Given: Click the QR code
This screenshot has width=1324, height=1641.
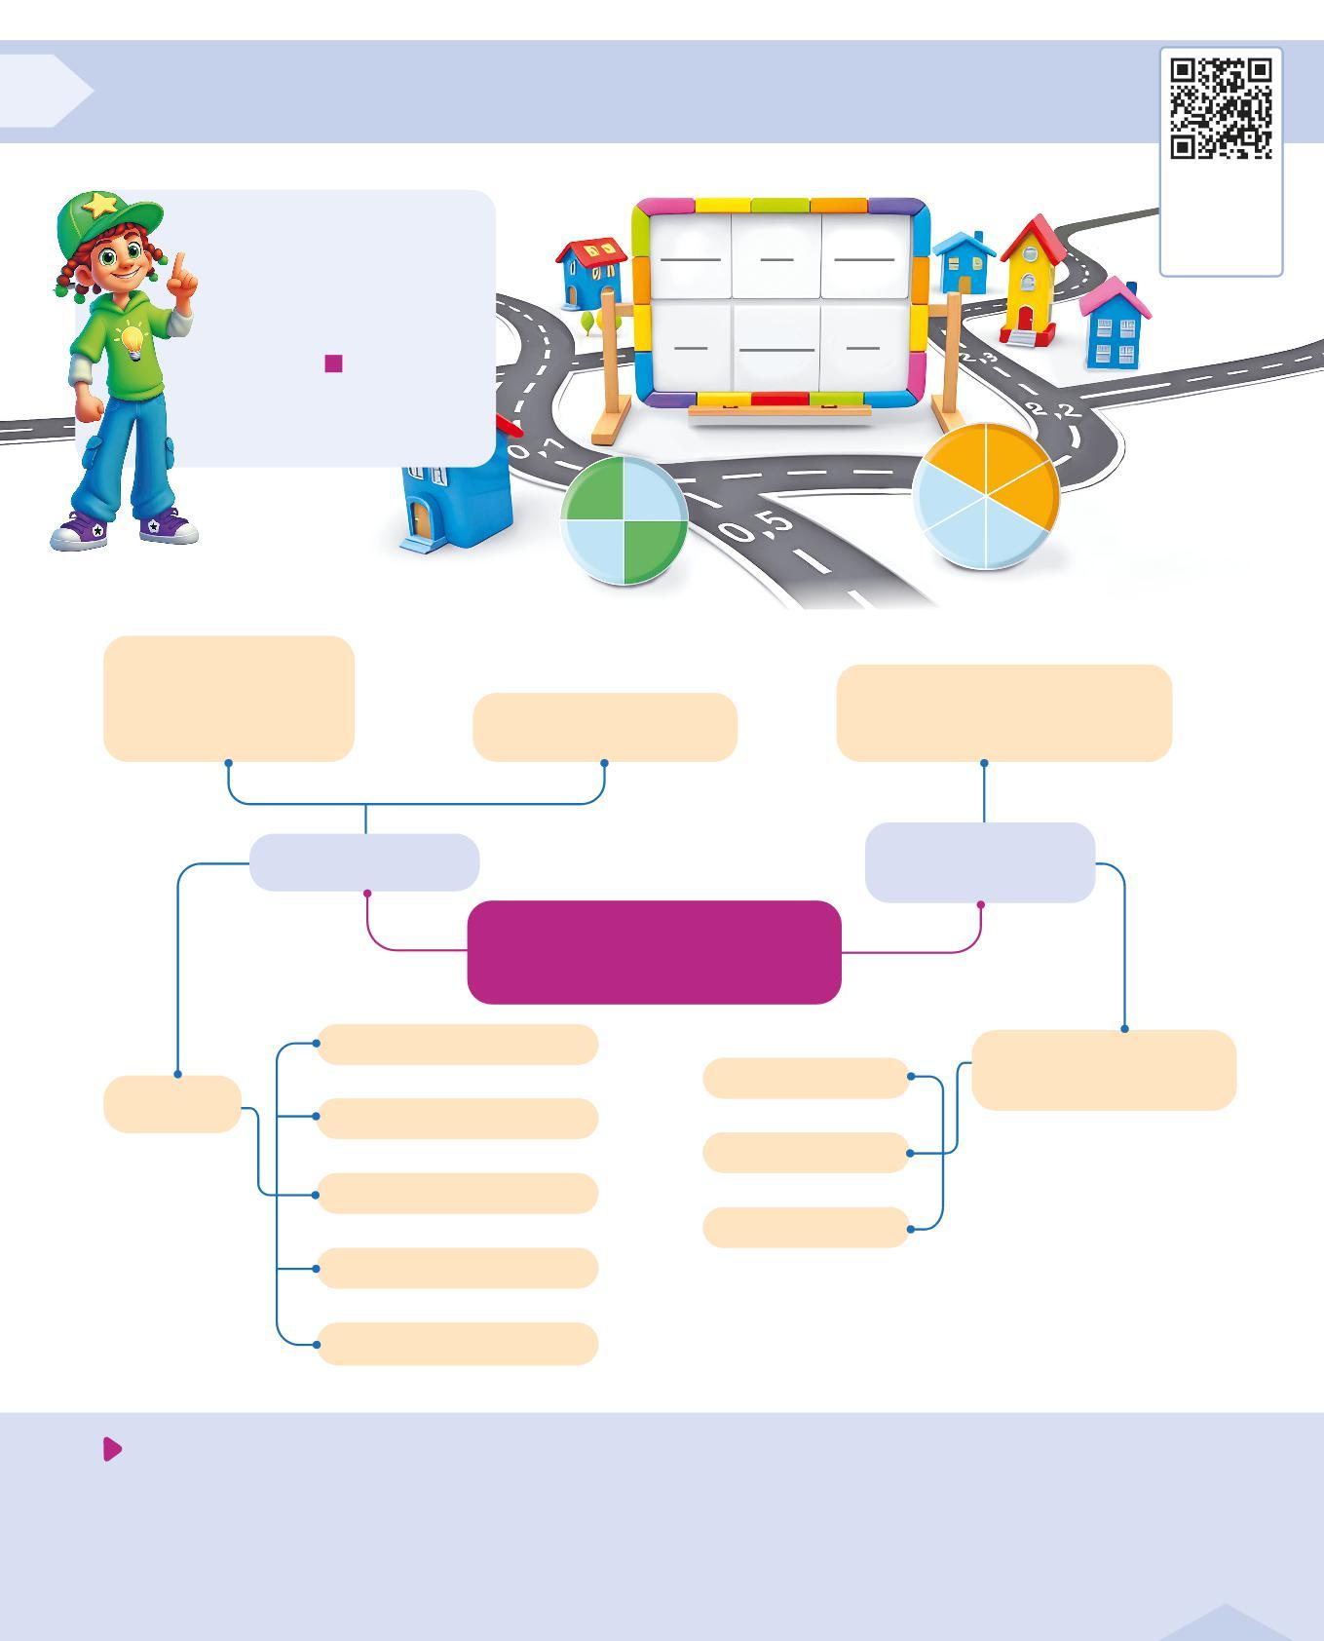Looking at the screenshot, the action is tap(1221, 107).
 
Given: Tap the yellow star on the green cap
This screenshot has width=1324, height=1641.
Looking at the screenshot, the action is tap(100, 205).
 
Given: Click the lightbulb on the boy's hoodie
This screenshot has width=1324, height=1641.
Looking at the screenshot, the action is tap(131, 342).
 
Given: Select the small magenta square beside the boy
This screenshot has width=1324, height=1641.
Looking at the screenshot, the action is tap(333, 363).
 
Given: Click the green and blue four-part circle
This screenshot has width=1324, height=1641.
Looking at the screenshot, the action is tap(624, 521).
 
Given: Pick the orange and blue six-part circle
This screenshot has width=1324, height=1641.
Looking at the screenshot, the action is tap(987, 495).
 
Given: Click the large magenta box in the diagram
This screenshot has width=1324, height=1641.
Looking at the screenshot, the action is tap(654, 952).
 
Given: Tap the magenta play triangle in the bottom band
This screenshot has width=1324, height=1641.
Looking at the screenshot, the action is tap(112, 1449).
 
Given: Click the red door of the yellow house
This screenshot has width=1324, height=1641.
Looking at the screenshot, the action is tap(1025, 318).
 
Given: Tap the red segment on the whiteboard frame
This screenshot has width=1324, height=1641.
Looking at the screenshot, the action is tap(779, 399).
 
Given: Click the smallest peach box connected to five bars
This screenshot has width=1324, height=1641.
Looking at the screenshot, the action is tap(172, 1104).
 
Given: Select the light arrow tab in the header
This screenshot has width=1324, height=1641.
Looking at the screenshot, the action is tap(44, 91).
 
